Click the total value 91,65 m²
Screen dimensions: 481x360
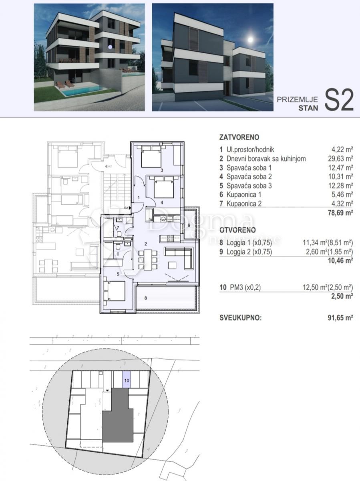[340, 318]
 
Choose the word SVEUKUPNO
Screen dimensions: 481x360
[240, 318]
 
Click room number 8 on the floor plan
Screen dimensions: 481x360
[145, 297]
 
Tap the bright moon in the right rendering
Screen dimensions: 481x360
[251, 40]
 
